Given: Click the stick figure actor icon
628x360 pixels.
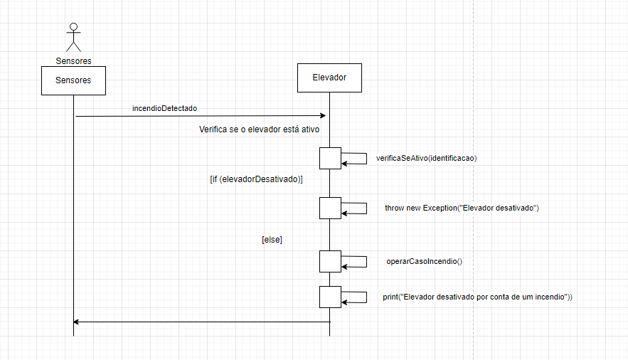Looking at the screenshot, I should (x=73, y=38).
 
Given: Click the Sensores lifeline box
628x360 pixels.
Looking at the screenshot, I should (x=73, y=80).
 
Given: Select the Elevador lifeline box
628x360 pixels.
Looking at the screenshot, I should (x=329, y=78).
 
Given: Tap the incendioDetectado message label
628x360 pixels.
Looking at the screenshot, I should (x=164, y=108).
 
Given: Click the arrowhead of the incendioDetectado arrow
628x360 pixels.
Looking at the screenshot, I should (x=322, y=115).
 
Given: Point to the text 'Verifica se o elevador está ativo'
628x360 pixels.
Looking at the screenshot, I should (x=260, y=130).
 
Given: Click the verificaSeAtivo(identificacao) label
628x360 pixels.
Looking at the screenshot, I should (x=426, y=159).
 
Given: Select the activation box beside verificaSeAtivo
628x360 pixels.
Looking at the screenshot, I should (x=330, y=158).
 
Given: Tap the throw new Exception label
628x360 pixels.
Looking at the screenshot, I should (x=462, y=208).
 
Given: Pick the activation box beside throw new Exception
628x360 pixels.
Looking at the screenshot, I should (x=330, y=208).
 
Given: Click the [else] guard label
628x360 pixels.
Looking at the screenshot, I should (x=272, y=240).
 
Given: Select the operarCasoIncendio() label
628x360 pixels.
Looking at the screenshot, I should (x=424, y=261).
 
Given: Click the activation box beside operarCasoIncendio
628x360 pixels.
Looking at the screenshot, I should (x=330, y=261).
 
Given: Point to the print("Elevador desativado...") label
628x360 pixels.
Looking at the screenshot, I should (x=477, y=297).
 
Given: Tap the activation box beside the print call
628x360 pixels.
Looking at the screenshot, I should (x=330, y=297).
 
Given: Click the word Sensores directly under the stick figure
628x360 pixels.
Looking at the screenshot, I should (x=73, y=60).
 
